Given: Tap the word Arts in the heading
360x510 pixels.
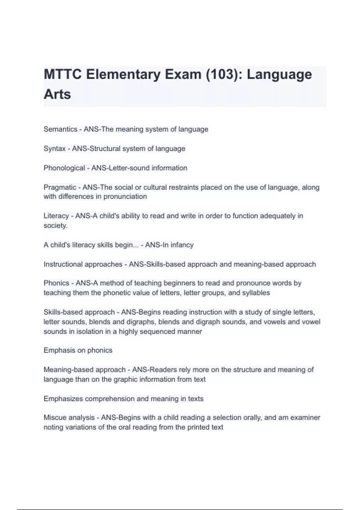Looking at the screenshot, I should pos(57,94).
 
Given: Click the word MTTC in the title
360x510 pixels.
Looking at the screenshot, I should pos(63,74).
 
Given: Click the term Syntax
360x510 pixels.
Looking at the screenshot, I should pos(55,149).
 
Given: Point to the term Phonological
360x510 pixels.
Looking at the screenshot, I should pos(64,168).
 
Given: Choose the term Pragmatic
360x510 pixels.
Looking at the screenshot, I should pos(60,187).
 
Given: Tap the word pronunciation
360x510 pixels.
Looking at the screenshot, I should pos(125,196).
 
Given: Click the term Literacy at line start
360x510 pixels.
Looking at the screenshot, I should pos(56,216).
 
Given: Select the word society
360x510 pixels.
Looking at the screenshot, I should pos(55,226).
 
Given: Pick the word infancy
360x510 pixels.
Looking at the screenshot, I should pos(182,245).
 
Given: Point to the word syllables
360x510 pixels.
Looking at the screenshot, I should pos(256,293).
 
